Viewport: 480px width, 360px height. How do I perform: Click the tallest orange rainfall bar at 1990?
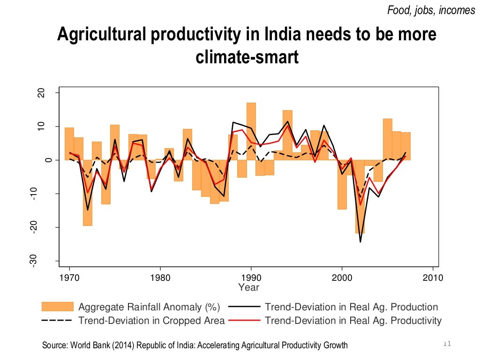(x=251, y=131)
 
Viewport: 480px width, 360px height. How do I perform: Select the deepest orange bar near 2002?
(x=360, y=197)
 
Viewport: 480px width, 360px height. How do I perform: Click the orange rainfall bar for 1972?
(x=87, y=193)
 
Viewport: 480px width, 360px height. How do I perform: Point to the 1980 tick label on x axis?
(x=160, y=278)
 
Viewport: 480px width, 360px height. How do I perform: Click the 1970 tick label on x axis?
(x=70, y=278)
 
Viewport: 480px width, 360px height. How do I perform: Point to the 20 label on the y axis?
(x=41, y=93)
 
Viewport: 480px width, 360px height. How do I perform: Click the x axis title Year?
(x=248, y=287)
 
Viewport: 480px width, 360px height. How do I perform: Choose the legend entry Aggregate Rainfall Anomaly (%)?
(x=149, y=307)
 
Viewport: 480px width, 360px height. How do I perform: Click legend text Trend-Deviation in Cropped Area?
(x=151, y=321)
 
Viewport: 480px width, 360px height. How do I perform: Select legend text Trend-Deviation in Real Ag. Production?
(x=351, y=307)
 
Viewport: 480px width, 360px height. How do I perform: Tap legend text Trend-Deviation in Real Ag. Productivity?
(x=353, y=321)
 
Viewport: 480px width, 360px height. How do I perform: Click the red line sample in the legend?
(x=244, y=321)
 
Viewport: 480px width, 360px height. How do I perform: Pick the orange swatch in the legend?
(x=58, y=307)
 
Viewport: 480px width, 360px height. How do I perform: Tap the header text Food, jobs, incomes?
(x=431, y=10)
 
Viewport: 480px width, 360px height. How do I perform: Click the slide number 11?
(x=446, y=345)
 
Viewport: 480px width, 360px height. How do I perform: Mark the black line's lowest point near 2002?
(x=360, y=241)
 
